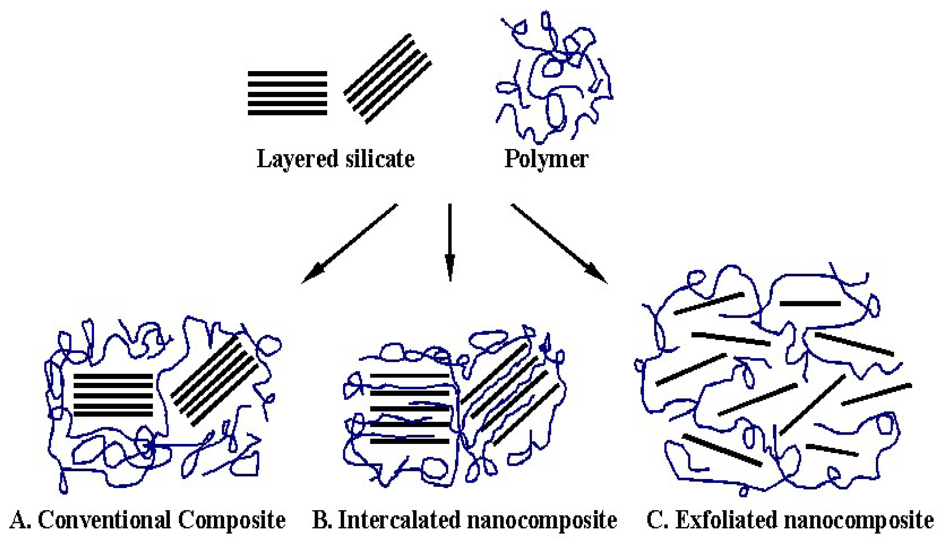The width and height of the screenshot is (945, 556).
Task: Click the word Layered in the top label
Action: (297, 159)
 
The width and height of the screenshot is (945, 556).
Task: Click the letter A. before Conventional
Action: (22, 520)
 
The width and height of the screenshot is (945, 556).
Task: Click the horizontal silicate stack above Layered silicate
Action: (287, 93)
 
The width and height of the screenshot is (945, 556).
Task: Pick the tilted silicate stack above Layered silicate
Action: (388, 79)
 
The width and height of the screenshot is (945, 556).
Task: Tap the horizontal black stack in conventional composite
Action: (113, 395)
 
